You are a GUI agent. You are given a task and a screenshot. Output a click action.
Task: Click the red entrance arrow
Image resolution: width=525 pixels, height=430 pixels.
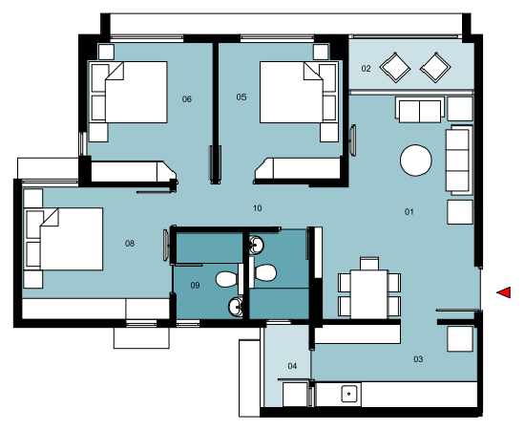click(x=504, y=291)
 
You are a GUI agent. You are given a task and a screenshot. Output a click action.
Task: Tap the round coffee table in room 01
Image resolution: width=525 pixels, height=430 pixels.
click(x=417, y=160)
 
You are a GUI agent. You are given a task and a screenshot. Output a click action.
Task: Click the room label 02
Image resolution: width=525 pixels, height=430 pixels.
click(x=366, y=69)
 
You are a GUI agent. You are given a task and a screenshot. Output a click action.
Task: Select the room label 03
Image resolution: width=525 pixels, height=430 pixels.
click(x=418, y=359)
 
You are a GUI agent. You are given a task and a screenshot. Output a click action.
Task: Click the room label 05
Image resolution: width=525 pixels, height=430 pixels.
click(x=241, y=97)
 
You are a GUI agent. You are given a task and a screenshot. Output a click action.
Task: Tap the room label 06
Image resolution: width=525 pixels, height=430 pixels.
click(x=187, y=98)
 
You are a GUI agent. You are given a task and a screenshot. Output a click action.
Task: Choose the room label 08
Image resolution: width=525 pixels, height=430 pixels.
click(x=130, y=244)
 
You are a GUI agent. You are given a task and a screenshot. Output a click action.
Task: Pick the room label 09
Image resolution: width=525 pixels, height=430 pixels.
click(x=195, y=285)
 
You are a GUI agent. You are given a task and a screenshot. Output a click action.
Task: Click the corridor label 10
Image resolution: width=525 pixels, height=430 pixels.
click(x=258, y=207)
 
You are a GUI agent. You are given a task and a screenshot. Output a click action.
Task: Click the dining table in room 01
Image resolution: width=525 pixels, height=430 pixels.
click(x=369, y=287)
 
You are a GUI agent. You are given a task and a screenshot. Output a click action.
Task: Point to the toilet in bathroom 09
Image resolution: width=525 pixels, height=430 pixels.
click(x=226, y=279)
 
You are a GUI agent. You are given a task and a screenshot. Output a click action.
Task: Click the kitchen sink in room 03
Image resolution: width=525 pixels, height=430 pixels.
click(x=349, y=393)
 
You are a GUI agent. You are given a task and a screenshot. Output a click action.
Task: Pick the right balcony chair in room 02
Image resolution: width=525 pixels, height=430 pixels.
click(x=435, y=67)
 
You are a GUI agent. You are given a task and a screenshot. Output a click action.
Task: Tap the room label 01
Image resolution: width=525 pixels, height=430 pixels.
click(x=409, y=211)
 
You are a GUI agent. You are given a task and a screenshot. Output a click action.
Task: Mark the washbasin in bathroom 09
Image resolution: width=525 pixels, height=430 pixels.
click(x=235, y=307)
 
